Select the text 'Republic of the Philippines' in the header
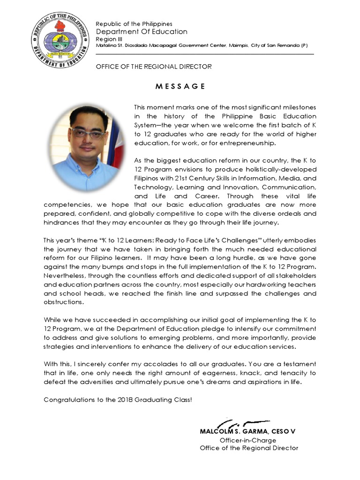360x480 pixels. (134, 24)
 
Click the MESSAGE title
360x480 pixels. (180, 86)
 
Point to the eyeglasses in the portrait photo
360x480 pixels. (88, 133)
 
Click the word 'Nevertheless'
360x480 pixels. (65, 276)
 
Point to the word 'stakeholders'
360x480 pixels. (296, 276)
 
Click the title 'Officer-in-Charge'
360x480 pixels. (248, 440)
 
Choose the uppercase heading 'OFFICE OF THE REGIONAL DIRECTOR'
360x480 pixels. (154, 67)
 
